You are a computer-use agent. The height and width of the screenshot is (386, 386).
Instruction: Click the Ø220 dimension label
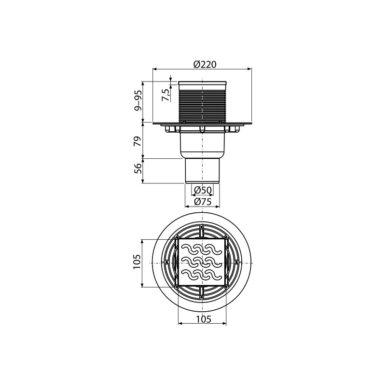coord(202,64)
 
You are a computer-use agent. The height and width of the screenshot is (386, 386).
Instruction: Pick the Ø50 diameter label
coord(202,190)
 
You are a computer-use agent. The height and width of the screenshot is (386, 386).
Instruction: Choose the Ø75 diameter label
coord(202,202)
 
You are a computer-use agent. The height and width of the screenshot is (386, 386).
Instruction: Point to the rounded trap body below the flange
coord(202,145)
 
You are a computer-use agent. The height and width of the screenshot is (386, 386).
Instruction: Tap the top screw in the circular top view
coord(202,227)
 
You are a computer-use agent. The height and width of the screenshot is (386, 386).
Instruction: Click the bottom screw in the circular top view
coord(202,297)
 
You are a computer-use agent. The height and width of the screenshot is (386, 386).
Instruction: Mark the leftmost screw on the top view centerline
coord(167,262)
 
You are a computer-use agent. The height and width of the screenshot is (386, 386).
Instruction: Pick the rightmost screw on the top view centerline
coord(237,262)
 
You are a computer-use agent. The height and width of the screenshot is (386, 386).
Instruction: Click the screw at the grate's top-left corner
coord(178,237)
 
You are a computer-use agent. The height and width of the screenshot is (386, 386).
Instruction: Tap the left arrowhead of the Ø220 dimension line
coord(155,69)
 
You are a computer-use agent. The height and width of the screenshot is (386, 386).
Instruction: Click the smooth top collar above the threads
coord(202,85)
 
